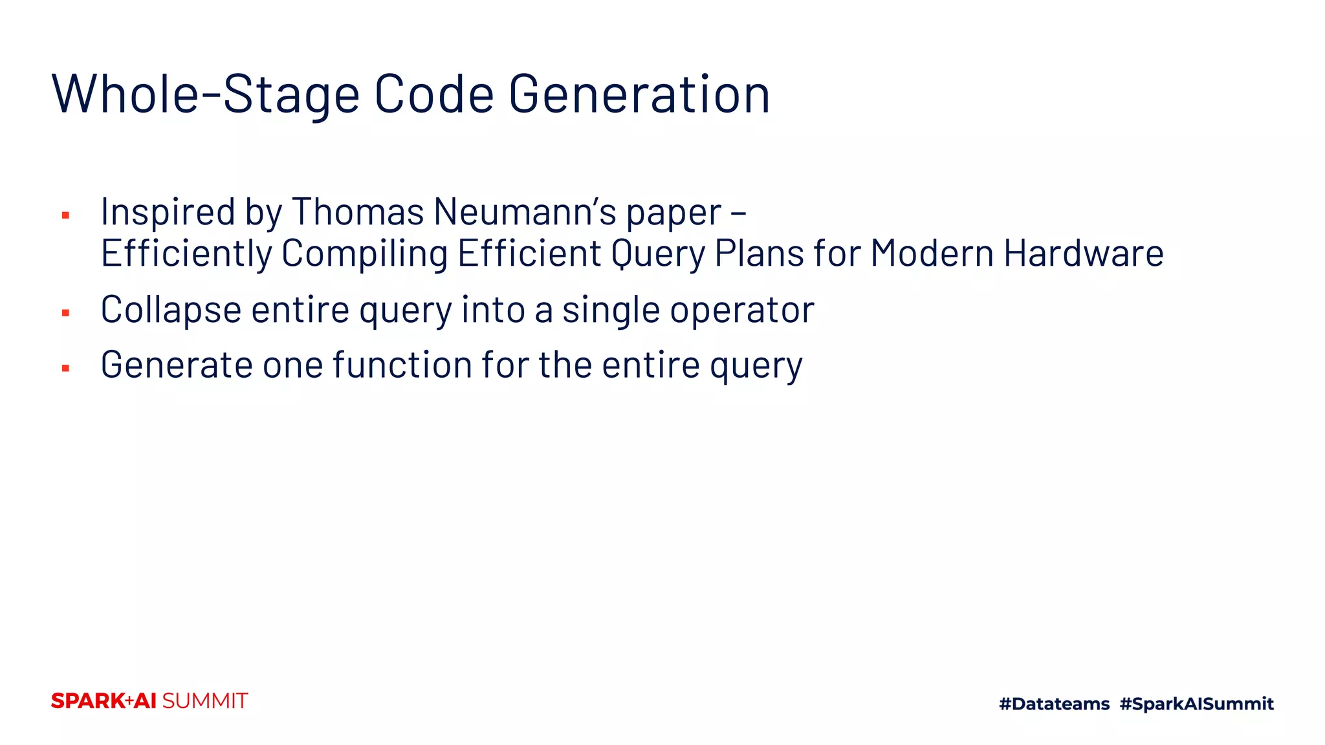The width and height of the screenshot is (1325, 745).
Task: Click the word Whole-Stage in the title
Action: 205,94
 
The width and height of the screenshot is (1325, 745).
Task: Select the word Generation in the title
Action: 639,94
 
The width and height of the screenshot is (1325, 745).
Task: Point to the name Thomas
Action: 358,212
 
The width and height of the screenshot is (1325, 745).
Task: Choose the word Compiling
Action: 364,253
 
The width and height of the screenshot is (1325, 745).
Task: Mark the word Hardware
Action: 1084,253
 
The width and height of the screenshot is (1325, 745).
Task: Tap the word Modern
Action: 932,253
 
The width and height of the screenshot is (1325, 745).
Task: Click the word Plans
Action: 760,253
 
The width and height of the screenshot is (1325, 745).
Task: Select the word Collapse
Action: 171,310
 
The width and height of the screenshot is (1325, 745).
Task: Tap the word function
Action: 402,365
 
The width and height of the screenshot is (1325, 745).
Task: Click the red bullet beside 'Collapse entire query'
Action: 65,313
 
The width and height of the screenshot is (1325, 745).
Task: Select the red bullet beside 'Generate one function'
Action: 65,368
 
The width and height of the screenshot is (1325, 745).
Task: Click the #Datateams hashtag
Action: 1054,704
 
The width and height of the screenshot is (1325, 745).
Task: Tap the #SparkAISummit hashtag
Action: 1196,704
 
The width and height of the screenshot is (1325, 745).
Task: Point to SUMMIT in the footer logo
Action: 204,701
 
